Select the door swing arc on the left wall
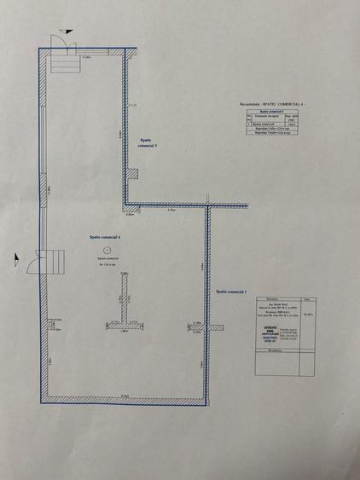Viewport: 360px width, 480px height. (32, 259)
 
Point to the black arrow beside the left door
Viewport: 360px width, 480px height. (17, 254)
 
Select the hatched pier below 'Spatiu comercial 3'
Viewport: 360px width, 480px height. (133, 174)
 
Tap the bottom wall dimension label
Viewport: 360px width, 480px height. (125, 396)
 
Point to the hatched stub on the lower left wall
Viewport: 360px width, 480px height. (49, 320)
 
